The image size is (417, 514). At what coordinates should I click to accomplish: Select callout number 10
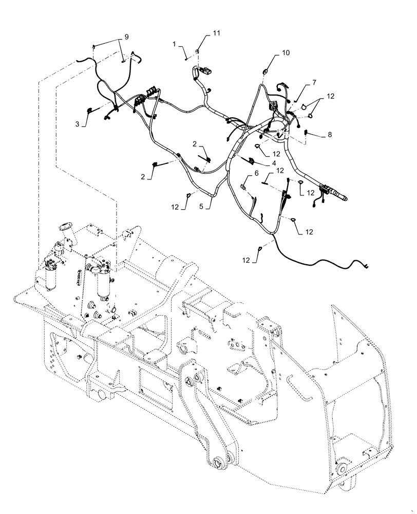coord(285,53)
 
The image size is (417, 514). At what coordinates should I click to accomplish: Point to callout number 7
coord(314,82)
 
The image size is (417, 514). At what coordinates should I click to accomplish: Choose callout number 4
coord(268,162)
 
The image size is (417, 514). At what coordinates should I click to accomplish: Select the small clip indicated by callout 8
coord(306,133)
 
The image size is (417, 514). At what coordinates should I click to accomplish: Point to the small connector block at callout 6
coord(245,187)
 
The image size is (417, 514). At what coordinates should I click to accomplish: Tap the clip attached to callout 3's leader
coord(89,109)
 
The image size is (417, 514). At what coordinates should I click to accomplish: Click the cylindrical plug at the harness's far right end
coord(339,196)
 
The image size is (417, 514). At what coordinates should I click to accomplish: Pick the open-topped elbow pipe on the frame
coord(66,229)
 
